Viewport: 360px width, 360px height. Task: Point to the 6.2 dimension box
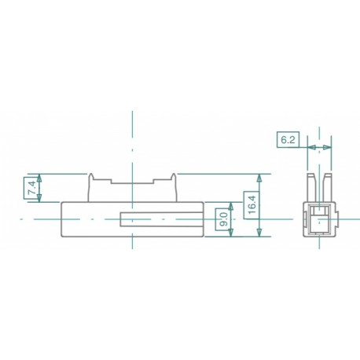click(288, 140)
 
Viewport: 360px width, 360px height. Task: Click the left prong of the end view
click(311, 186)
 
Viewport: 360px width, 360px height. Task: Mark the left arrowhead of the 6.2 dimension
click(309, 146)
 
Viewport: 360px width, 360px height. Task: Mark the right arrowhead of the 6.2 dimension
click(329, 146)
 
